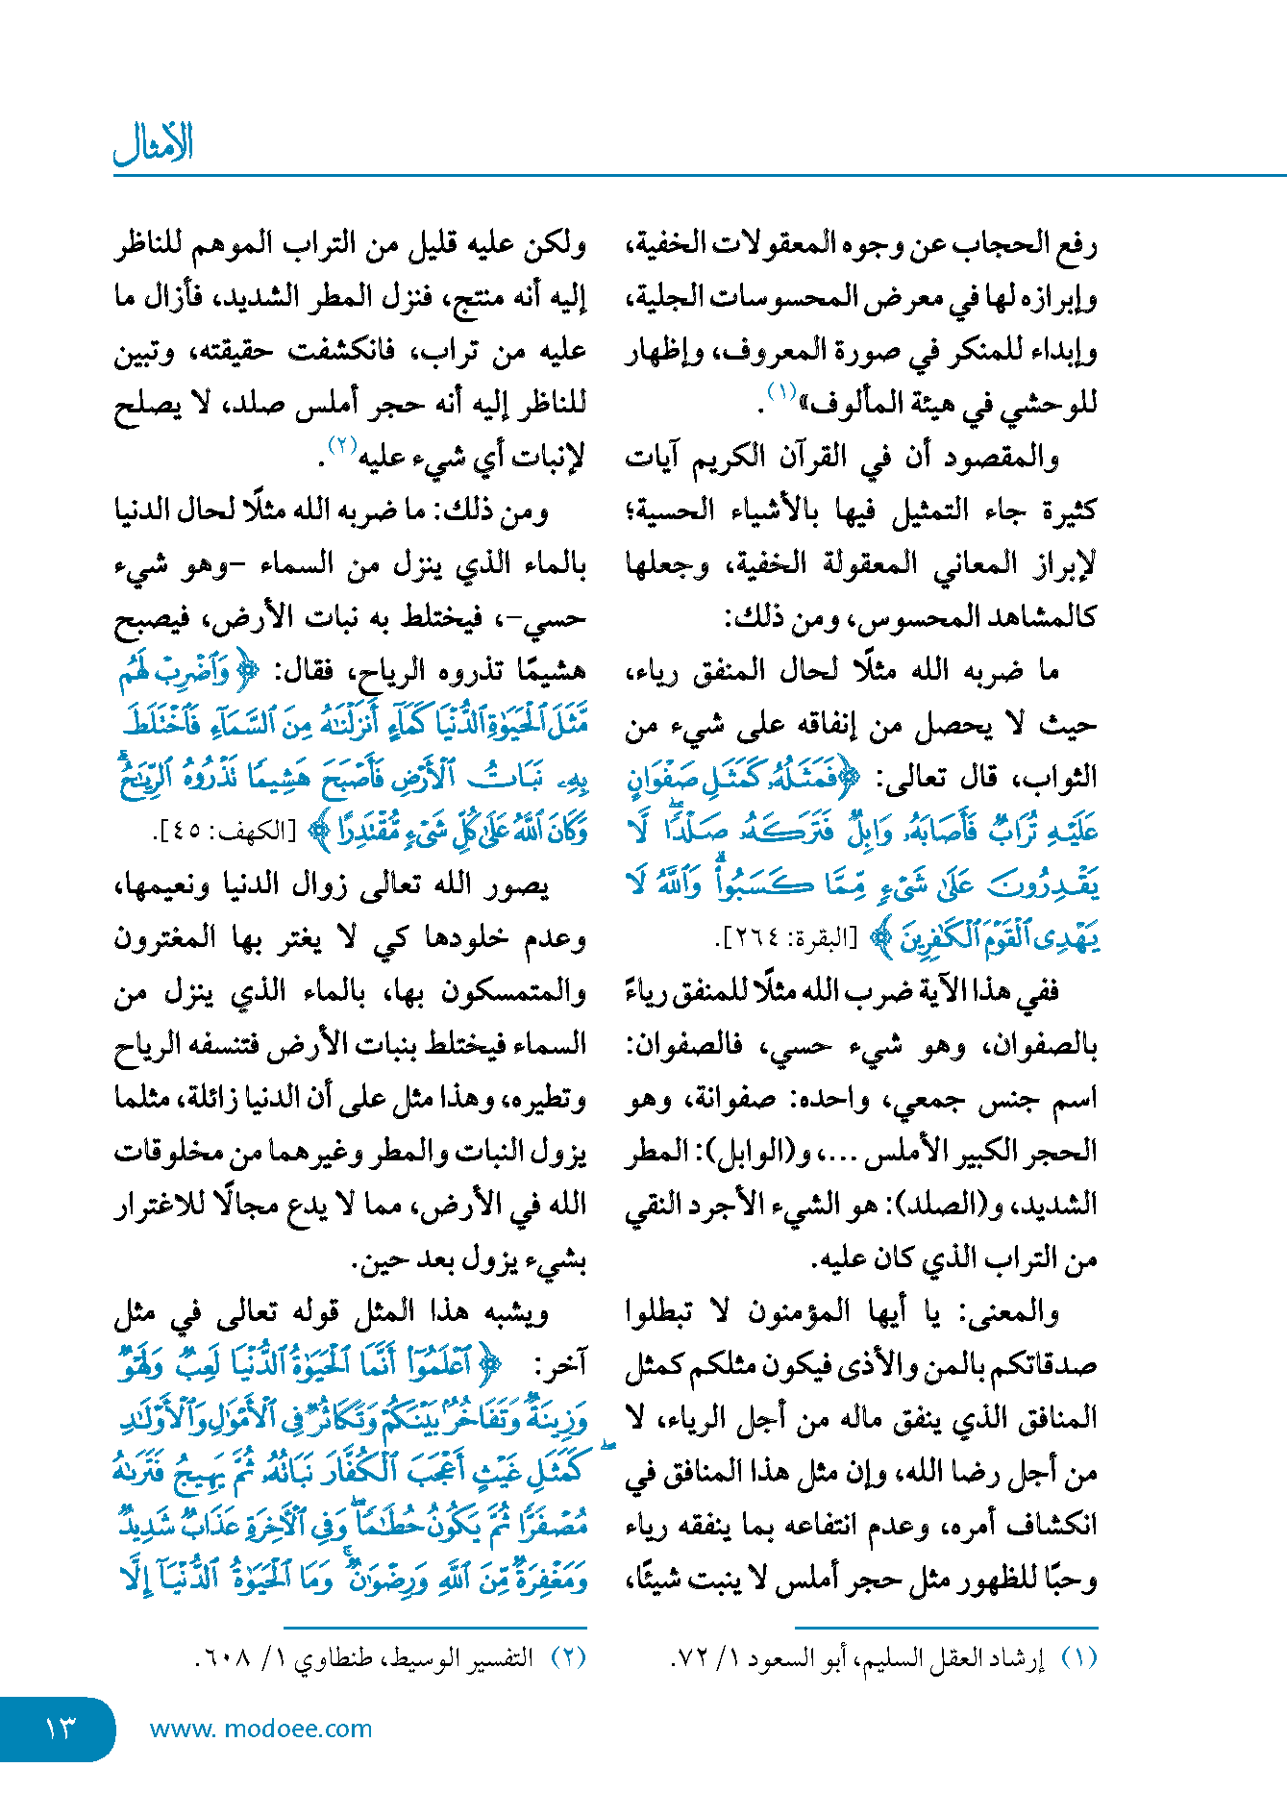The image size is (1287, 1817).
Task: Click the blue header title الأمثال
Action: pyautogui.click(x=154, y=144)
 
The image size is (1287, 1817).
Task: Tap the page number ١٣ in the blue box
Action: pyautogui.click(x=60, y=1728)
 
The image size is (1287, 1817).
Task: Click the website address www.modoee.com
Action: pyautogui.click(x=260, y=1729)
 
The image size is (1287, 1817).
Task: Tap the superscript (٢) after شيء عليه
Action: pyautogui.click(x=343, y=444)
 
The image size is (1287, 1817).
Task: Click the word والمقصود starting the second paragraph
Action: pyautogui.click(x=1006, y=458)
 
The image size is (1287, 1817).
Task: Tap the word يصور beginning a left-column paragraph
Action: pyautogui.click(x=520, y=884)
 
